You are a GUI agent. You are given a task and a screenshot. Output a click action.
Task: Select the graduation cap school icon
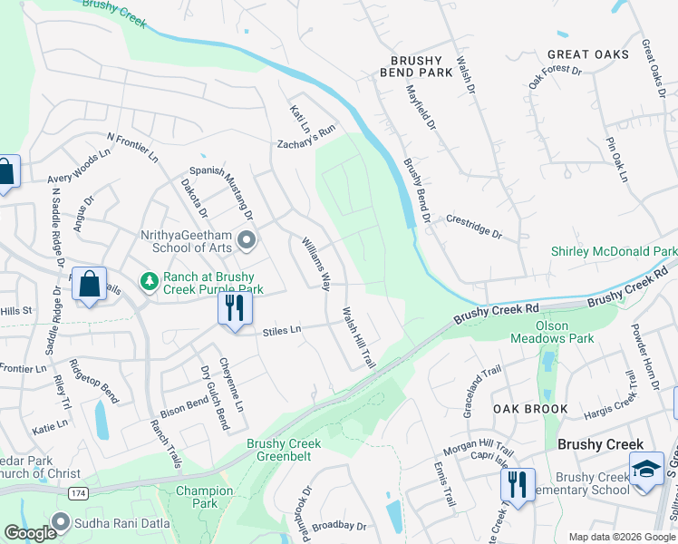click(645, 470)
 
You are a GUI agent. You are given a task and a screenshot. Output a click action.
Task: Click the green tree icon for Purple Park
click(150, 282)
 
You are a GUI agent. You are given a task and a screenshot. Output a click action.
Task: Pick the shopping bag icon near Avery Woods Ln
click(5, 172)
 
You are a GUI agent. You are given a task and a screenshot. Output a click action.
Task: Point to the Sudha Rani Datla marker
click(61, 521)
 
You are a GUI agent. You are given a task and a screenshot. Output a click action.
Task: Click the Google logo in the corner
click(30, 533)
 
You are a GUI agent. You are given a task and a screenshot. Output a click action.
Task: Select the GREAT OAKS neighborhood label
click(587, 54)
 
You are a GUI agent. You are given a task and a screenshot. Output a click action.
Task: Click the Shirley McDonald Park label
click(614, 251)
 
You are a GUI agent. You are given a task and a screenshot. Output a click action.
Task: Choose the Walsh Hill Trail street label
click(358, 337)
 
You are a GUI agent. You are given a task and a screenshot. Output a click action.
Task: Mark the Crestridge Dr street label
click(473, 226)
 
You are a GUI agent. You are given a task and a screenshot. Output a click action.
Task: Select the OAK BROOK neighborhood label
click(530, 409)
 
